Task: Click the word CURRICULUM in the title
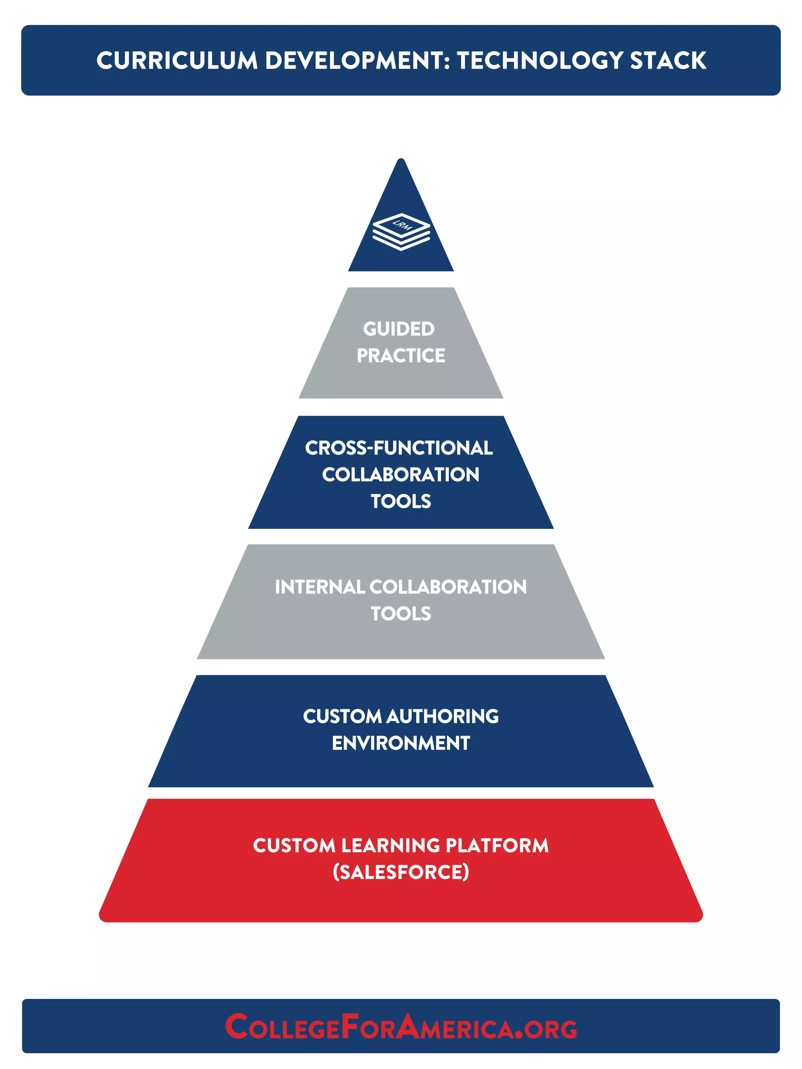[177, 61]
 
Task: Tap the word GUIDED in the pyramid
[399, 329]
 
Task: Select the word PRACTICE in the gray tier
[401, 356]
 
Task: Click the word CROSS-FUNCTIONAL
[399, 448]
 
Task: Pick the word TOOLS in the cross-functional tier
[401, 501]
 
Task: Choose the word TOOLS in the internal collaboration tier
[401, 614]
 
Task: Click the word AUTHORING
[443, 717]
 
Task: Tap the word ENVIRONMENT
[401, 743]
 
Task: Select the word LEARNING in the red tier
[390, 846]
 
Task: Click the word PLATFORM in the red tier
[497, 846]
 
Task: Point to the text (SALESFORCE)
[401, 873]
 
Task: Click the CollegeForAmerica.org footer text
[401, 1028]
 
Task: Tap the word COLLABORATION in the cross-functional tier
[401, 474]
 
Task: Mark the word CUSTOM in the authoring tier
[342, 717]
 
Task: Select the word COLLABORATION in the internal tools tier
[448, 587]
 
